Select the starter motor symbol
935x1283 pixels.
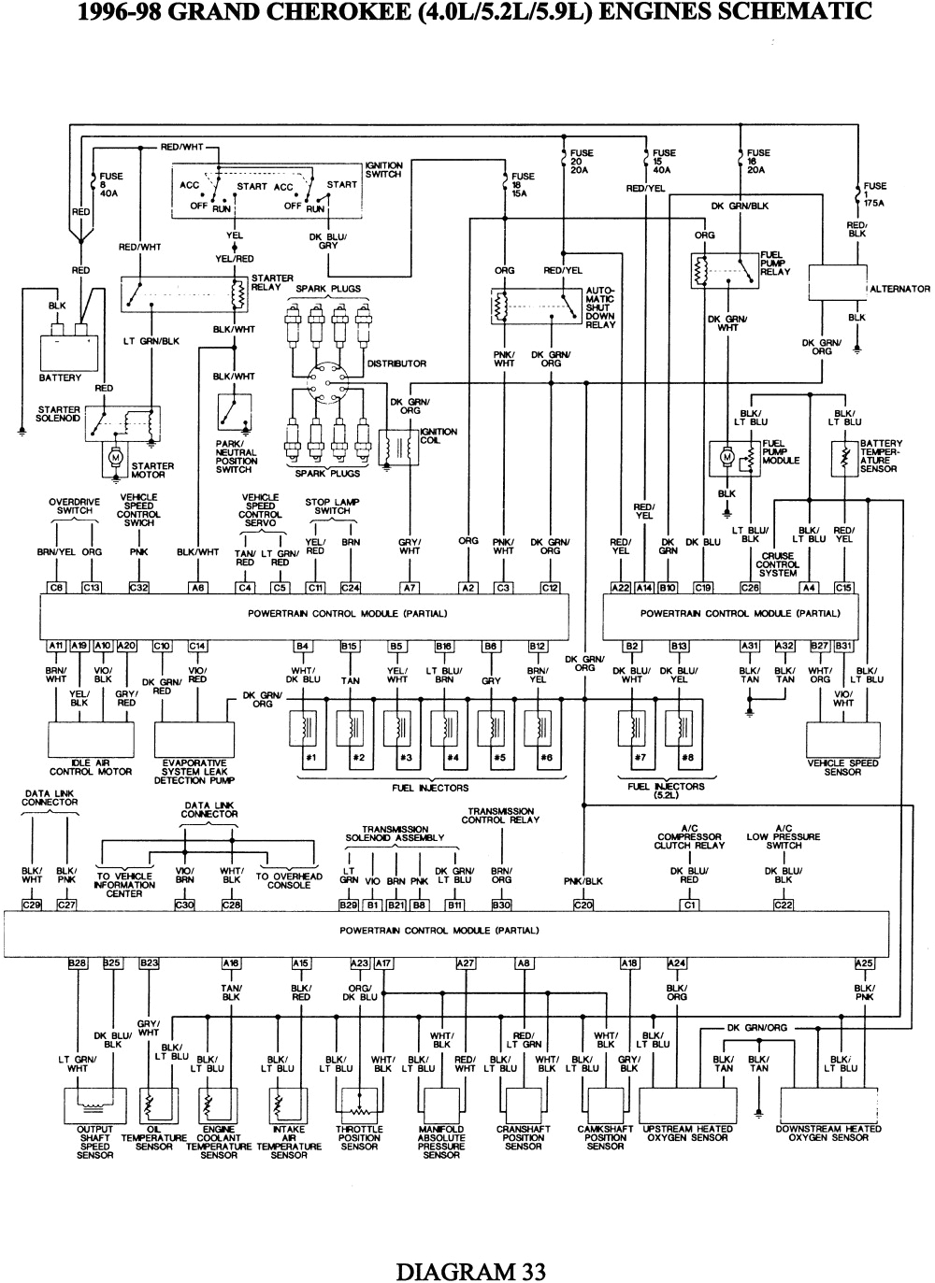click(x=117, y=457)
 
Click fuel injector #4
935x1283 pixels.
click(x=452, y=729)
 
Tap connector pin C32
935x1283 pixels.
click(x=139, y=587)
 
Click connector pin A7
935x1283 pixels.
click(x=410, y=587)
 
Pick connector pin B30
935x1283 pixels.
click(x=502, y=905)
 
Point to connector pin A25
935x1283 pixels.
click(x=864, y=963)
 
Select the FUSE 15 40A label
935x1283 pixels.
click(x=664, y=162)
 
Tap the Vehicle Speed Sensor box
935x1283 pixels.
click(x=843, y=738)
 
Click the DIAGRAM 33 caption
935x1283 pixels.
click(x=470, y=1271)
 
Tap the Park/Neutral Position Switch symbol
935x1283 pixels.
click(x=236, y=412)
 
